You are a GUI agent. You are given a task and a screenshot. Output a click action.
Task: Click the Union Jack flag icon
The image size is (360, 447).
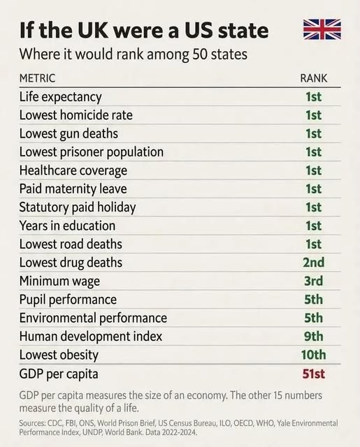pyautogui.click(x=322, y=29)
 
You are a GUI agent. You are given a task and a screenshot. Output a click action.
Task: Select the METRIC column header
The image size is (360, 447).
pyautogui.click(x=37, y=78)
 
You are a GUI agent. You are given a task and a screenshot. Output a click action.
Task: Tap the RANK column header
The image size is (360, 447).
pyautogui.click(x=313, y=78)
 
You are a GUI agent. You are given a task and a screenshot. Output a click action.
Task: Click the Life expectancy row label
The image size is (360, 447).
pyautogui.click(x=60, y=97)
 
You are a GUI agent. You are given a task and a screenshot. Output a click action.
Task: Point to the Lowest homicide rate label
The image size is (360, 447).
pyautogui.click(x=75, y=115)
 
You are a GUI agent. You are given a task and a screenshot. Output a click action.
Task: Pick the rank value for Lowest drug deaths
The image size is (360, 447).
pyautogui.click(x=313, y=263)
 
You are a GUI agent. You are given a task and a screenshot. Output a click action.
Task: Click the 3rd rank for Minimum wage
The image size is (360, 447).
pyautogui.click(x=313, y=281)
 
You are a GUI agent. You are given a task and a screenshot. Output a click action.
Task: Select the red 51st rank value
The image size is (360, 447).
pyautogui.click(x=312, y=374)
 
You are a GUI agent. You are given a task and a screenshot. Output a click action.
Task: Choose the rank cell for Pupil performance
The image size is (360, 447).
pyautogui.click(x=313, y=300)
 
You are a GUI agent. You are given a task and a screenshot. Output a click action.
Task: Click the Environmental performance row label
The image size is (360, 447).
pyautogui.click(x=93, y=318)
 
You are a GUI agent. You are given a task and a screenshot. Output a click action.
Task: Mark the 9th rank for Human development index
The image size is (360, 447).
pyautogui.click(x=313, y=337)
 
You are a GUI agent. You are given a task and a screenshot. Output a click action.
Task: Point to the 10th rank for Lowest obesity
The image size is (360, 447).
pyautogui.click(x=312, y=355)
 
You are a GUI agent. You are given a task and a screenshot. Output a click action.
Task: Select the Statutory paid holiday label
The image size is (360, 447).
pyautogui.click(x=77, y=207)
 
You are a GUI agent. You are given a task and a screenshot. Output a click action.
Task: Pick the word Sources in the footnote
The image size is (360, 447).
pyautogui.click(x=33, y=423)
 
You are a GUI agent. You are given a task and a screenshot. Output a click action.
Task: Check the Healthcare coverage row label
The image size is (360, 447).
pyautogui.click(x=73, y=170)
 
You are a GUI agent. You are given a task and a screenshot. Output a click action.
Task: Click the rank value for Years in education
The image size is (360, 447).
pyautogui.click(x=313, y=226)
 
